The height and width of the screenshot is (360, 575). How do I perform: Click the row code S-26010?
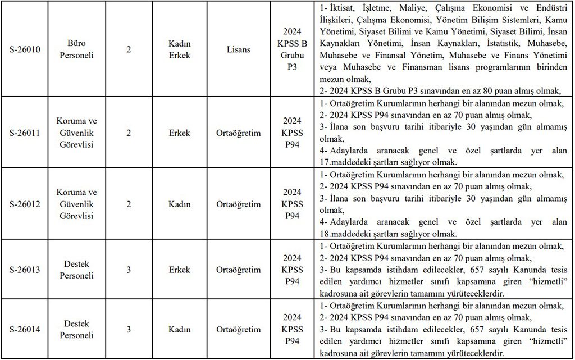[25, 49]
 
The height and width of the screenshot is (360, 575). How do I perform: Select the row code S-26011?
[25, 133]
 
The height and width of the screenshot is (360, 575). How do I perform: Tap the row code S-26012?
[25, 204]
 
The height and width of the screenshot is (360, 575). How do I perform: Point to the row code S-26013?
[25, 270]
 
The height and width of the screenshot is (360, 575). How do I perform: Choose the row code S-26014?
[25, 330]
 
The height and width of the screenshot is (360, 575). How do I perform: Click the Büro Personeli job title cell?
[77, 49]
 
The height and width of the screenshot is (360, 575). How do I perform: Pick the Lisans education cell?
[239, 49]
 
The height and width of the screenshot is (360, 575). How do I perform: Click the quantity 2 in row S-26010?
[129, 49]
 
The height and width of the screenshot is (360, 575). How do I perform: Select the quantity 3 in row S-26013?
[129, 270]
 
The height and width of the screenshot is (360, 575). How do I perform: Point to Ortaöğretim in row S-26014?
[239, 330]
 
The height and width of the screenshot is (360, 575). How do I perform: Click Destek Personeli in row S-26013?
[77, 270]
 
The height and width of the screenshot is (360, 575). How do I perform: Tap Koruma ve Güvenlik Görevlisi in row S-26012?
[77, 204]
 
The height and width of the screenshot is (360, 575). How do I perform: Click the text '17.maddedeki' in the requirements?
[344, 162]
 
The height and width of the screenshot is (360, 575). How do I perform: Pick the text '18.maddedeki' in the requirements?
[344, 234]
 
